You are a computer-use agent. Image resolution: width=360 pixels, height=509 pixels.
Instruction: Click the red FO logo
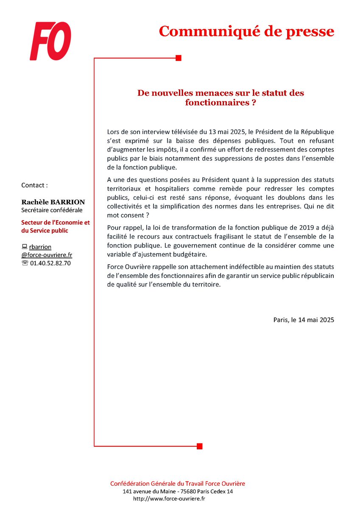(x=50, y=41)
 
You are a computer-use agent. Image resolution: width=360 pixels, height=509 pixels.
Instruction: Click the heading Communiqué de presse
(x=246, y=31)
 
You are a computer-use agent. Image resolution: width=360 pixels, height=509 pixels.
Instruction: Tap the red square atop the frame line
(x=179, y=58)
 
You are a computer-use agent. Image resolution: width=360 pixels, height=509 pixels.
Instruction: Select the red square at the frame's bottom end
(x=200, y=446)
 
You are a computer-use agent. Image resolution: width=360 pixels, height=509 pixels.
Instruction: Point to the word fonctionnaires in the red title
(x=215, y=103)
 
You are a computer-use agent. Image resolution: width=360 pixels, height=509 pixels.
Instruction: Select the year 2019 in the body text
(x=282, y=228)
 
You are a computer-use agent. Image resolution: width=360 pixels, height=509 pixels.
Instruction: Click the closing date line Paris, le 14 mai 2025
(x=304, y=320)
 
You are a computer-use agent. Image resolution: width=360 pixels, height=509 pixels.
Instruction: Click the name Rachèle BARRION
(x=53, y=202)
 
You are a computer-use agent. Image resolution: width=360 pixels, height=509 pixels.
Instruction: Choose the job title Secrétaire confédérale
(x=52, y=210)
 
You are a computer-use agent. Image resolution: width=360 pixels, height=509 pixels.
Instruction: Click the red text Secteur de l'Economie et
(x=56, y=223)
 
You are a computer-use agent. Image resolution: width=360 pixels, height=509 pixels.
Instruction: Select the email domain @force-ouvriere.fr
(x=47, y=255)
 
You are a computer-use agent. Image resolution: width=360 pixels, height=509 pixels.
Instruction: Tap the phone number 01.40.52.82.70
(x=50, y=263)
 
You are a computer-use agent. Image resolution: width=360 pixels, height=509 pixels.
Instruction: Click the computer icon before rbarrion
(x=24, y=247)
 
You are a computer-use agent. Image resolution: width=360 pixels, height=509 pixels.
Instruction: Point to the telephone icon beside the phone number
(x=24, y=263)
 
